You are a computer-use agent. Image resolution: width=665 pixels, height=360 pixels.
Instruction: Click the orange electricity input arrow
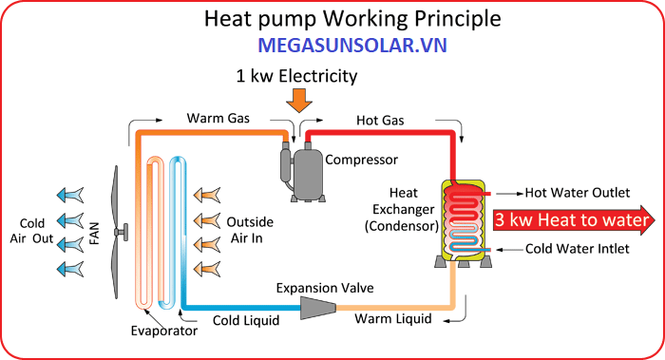(299, 100)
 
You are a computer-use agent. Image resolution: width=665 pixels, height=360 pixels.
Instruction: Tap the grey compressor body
(308, 173)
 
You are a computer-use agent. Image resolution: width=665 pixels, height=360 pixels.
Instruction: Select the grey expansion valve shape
(318, 308)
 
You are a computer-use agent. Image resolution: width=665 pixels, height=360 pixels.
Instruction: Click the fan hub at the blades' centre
(122, 232)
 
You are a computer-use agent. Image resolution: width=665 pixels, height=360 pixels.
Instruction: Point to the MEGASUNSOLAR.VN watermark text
(352, 46)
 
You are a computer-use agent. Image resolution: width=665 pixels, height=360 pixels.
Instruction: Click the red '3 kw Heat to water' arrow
(574, 220)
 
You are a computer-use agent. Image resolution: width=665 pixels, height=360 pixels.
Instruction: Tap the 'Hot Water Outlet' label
(578, 193)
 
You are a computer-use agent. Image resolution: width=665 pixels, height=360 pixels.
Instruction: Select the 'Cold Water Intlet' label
(577, 249)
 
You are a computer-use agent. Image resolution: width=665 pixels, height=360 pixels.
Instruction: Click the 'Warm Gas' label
(218, 118)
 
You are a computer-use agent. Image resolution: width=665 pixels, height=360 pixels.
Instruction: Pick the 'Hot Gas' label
(380, 121)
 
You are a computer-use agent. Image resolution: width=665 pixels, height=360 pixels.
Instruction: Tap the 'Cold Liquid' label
(246, 320)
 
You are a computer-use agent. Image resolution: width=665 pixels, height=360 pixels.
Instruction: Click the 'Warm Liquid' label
(393, 318)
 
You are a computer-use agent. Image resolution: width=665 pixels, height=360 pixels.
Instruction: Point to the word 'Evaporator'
(164, 331)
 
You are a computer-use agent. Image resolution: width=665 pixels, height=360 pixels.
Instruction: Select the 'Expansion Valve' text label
(325, 288)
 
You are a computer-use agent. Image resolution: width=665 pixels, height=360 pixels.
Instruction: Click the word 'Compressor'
(361, 160)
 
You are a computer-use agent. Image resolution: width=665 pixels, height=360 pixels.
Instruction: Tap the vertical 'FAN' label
(95, 234)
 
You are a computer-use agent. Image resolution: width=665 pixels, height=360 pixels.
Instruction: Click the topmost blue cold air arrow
(70, 195)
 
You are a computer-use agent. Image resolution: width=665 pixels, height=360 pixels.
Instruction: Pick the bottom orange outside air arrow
(207, 269)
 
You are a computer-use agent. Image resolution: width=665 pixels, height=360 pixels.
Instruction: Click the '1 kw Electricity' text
(296, 76)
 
